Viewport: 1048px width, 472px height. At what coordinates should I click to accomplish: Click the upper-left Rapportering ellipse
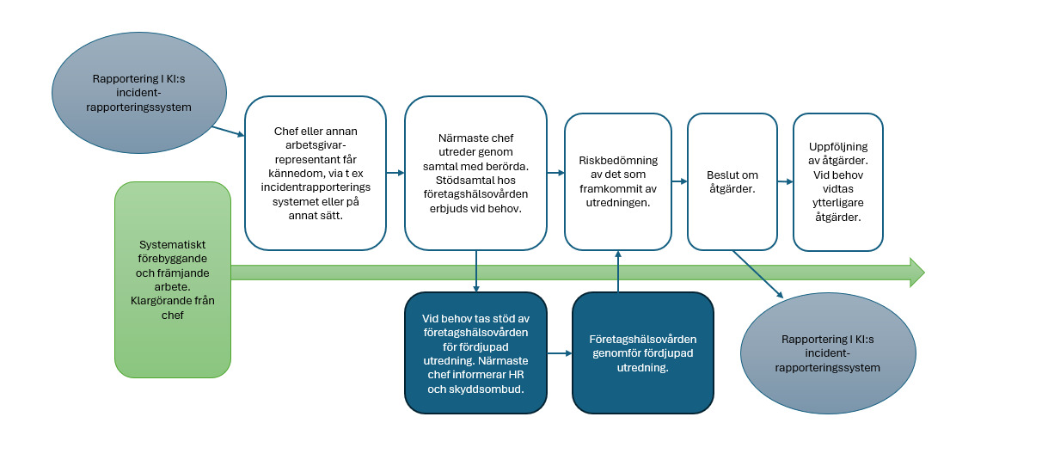[x=139, y=92]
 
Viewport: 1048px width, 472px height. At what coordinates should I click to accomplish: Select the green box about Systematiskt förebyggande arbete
[x=173, y=279]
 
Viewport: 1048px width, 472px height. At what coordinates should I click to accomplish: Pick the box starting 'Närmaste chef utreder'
[x=475, y=173]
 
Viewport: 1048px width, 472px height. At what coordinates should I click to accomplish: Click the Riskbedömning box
[x=618, y=181]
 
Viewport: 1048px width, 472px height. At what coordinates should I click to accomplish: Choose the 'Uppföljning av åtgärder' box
[x=837, y=181]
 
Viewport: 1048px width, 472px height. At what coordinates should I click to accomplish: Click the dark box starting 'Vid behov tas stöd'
[x=475, y=352]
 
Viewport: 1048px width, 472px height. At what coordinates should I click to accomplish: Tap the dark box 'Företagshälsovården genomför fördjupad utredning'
[x=642, y=352]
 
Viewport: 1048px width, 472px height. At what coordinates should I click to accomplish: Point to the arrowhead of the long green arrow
[x=916, y=273]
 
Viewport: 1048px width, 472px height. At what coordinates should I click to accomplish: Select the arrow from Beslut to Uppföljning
[x=783, y=181]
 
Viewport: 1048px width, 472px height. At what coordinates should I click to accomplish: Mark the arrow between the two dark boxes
[x=560, y=353]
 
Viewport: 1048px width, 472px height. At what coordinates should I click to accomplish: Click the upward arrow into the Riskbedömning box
[x=618, y=271]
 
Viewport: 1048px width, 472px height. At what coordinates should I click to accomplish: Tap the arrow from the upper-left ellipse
[x=228, y=132]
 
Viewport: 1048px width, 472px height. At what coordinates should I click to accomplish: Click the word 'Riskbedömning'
[x=618, y=160]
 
